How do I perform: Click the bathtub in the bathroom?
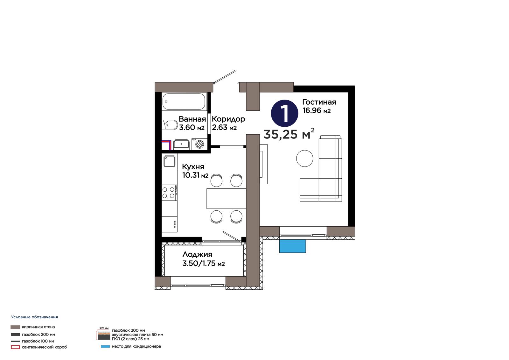(x=184, y=102)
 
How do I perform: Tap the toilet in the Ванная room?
(x=170, y=125)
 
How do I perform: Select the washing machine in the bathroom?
(x=199, y=144)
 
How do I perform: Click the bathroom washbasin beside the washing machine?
(x=181, y=144)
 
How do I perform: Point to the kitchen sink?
(x=169, y=161)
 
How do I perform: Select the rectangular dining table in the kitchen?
(x=226, y=199)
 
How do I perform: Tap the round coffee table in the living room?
(x=304, y=158)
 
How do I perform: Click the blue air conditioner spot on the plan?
(x=292, y=246)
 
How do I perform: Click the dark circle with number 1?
(x=284, y=113)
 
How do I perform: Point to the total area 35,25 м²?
(x=289, y=134)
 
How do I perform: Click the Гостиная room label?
(x=319, y=102)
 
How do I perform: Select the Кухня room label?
(x=193, y=167)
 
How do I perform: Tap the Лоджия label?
(x=197, y=254)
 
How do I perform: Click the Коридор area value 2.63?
(x=220, y=127)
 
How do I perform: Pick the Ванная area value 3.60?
(x=187, y=128)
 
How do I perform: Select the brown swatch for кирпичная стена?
(x=15, y=327)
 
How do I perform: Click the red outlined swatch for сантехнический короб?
(x=15, y=347)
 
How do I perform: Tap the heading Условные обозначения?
(x=35, y=317)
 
